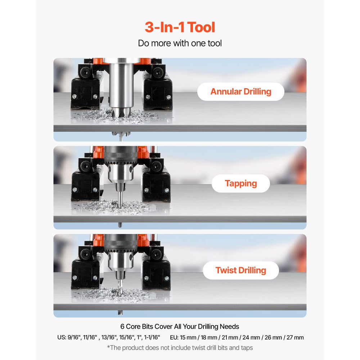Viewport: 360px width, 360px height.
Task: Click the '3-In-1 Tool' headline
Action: coord(180,27)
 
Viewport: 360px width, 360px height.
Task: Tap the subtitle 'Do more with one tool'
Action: coord(180,43)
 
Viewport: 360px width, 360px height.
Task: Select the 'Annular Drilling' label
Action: coord(240,91)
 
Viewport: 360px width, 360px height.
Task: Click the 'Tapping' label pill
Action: coord(240,184)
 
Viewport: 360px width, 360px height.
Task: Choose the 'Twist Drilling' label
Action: coord(240,270)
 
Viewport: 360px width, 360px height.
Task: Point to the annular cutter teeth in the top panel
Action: coord(121,112)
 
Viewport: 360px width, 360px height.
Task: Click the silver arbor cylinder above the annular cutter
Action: coord(121,85)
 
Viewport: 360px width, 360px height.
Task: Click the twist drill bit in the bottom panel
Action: coord(120,287)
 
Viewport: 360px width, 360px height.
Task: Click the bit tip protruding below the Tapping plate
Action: coord(120,225)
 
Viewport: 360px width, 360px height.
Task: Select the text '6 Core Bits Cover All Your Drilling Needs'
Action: coord(180,327)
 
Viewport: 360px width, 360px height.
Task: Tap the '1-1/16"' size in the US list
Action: coord(152,337)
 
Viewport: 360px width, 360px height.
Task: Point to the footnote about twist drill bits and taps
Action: coord(180,348)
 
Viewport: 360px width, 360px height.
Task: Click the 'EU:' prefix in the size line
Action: coord(174,338)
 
